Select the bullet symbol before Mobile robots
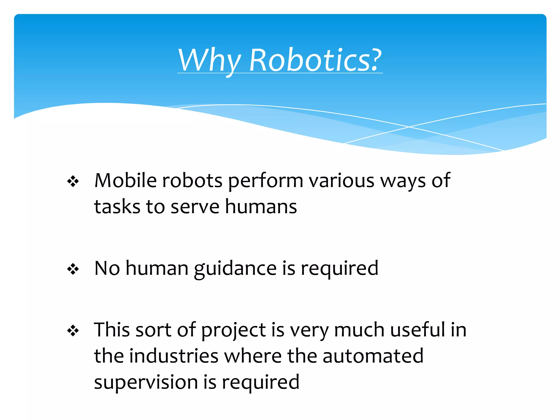tap(73, 182)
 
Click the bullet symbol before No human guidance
tap(73, 269)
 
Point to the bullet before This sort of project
tap(73, 331)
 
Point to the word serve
tap(195, 207)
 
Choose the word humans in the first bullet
tap(261, 206)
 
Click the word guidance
tap(235, 269)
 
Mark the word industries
tap(174, 356)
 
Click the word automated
tap(373, 356)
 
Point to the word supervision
tap(146, 382)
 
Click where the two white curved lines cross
tap(409, 127)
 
